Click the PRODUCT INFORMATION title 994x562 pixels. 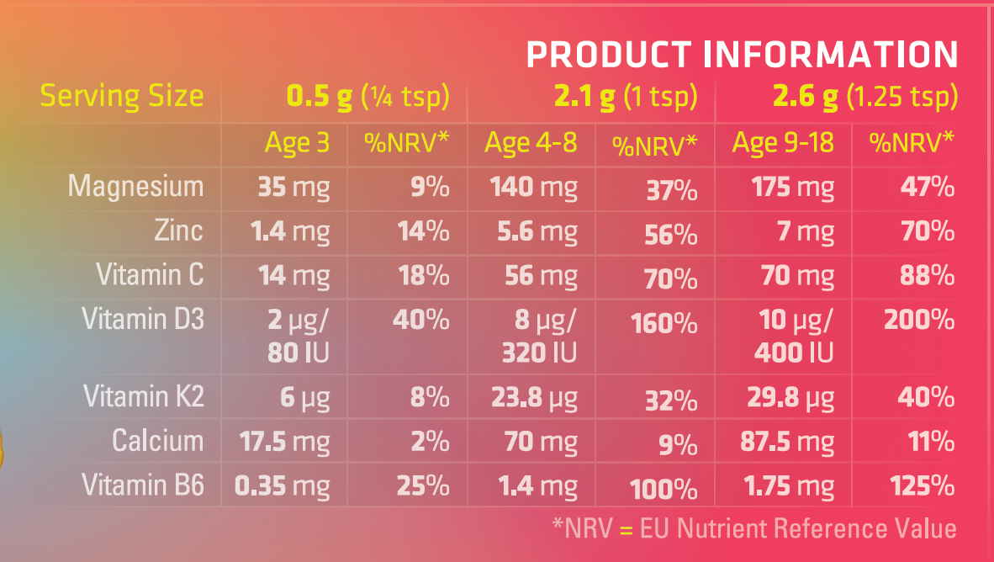742,55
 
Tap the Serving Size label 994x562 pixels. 122,96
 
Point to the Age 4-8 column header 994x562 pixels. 531,144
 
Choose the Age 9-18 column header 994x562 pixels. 783,144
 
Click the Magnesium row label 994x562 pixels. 136,187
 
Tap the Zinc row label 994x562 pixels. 179,231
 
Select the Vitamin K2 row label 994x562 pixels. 144,396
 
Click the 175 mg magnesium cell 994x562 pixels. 792,187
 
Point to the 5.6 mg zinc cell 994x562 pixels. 535,231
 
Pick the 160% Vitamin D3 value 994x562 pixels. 664,323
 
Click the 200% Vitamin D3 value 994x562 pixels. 919,321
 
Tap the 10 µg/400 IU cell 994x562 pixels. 794,336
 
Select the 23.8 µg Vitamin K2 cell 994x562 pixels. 534,396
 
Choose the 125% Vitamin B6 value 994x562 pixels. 922,485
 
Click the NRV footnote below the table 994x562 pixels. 754,528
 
